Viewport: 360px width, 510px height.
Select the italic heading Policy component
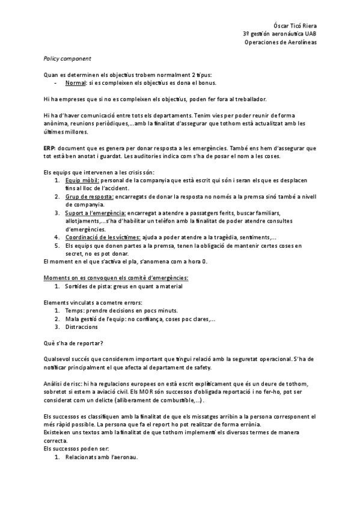coord(67,58)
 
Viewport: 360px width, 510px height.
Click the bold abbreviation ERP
coord(50,147)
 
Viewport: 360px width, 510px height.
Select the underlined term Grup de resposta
coord(89,197)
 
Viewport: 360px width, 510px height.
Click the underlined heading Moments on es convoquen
coord(116,278)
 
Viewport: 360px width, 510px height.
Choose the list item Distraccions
coord(81,327)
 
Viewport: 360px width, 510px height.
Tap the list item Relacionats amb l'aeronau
coord(102,457)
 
